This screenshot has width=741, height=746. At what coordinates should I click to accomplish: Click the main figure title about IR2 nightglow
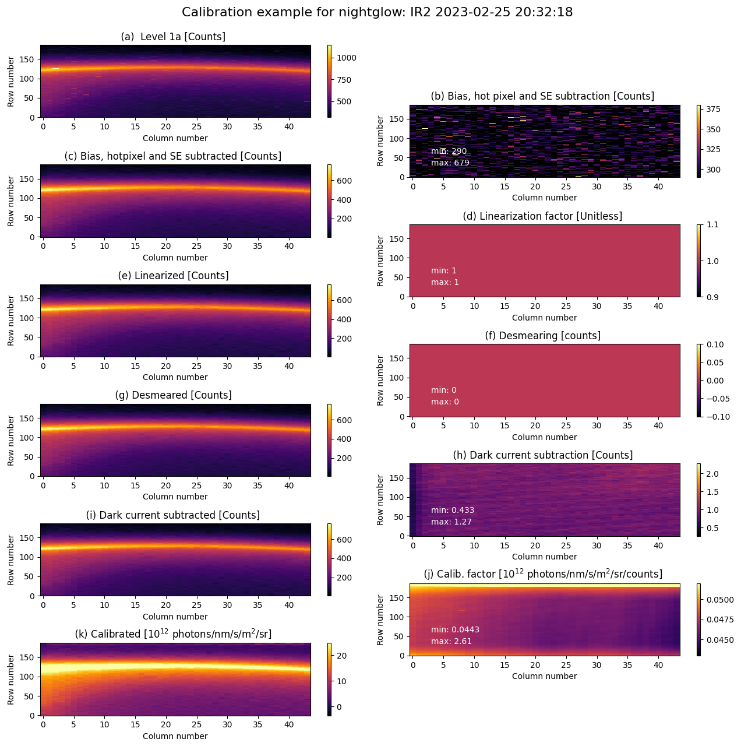(x=377, y=12)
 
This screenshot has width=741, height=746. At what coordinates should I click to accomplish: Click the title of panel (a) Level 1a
(x=173, y=37)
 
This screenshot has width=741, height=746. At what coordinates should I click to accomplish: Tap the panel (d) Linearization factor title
(x=542, y=216)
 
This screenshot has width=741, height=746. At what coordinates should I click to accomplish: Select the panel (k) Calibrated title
(x=173, y=634)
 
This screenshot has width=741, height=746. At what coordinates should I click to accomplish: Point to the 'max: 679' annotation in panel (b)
(x=450, y=163)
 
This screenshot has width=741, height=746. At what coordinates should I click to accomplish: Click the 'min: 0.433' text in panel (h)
(x=453, y=510)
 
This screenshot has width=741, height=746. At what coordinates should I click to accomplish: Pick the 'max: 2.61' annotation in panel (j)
(x=451, y=641)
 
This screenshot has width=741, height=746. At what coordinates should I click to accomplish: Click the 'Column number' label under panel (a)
(x=175, y=138)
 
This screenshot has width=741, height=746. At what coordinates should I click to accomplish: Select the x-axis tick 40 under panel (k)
(x=289, y=725)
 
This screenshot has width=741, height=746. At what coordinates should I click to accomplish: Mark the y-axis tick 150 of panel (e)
(x=28, y=298)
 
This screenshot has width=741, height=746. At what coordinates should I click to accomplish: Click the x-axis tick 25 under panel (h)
(x=566, y=546)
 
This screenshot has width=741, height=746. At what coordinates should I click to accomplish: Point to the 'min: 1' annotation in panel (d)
(x=444, y=270)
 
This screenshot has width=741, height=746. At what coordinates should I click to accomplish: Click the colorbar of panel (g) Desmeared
(x=329, y=440)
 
